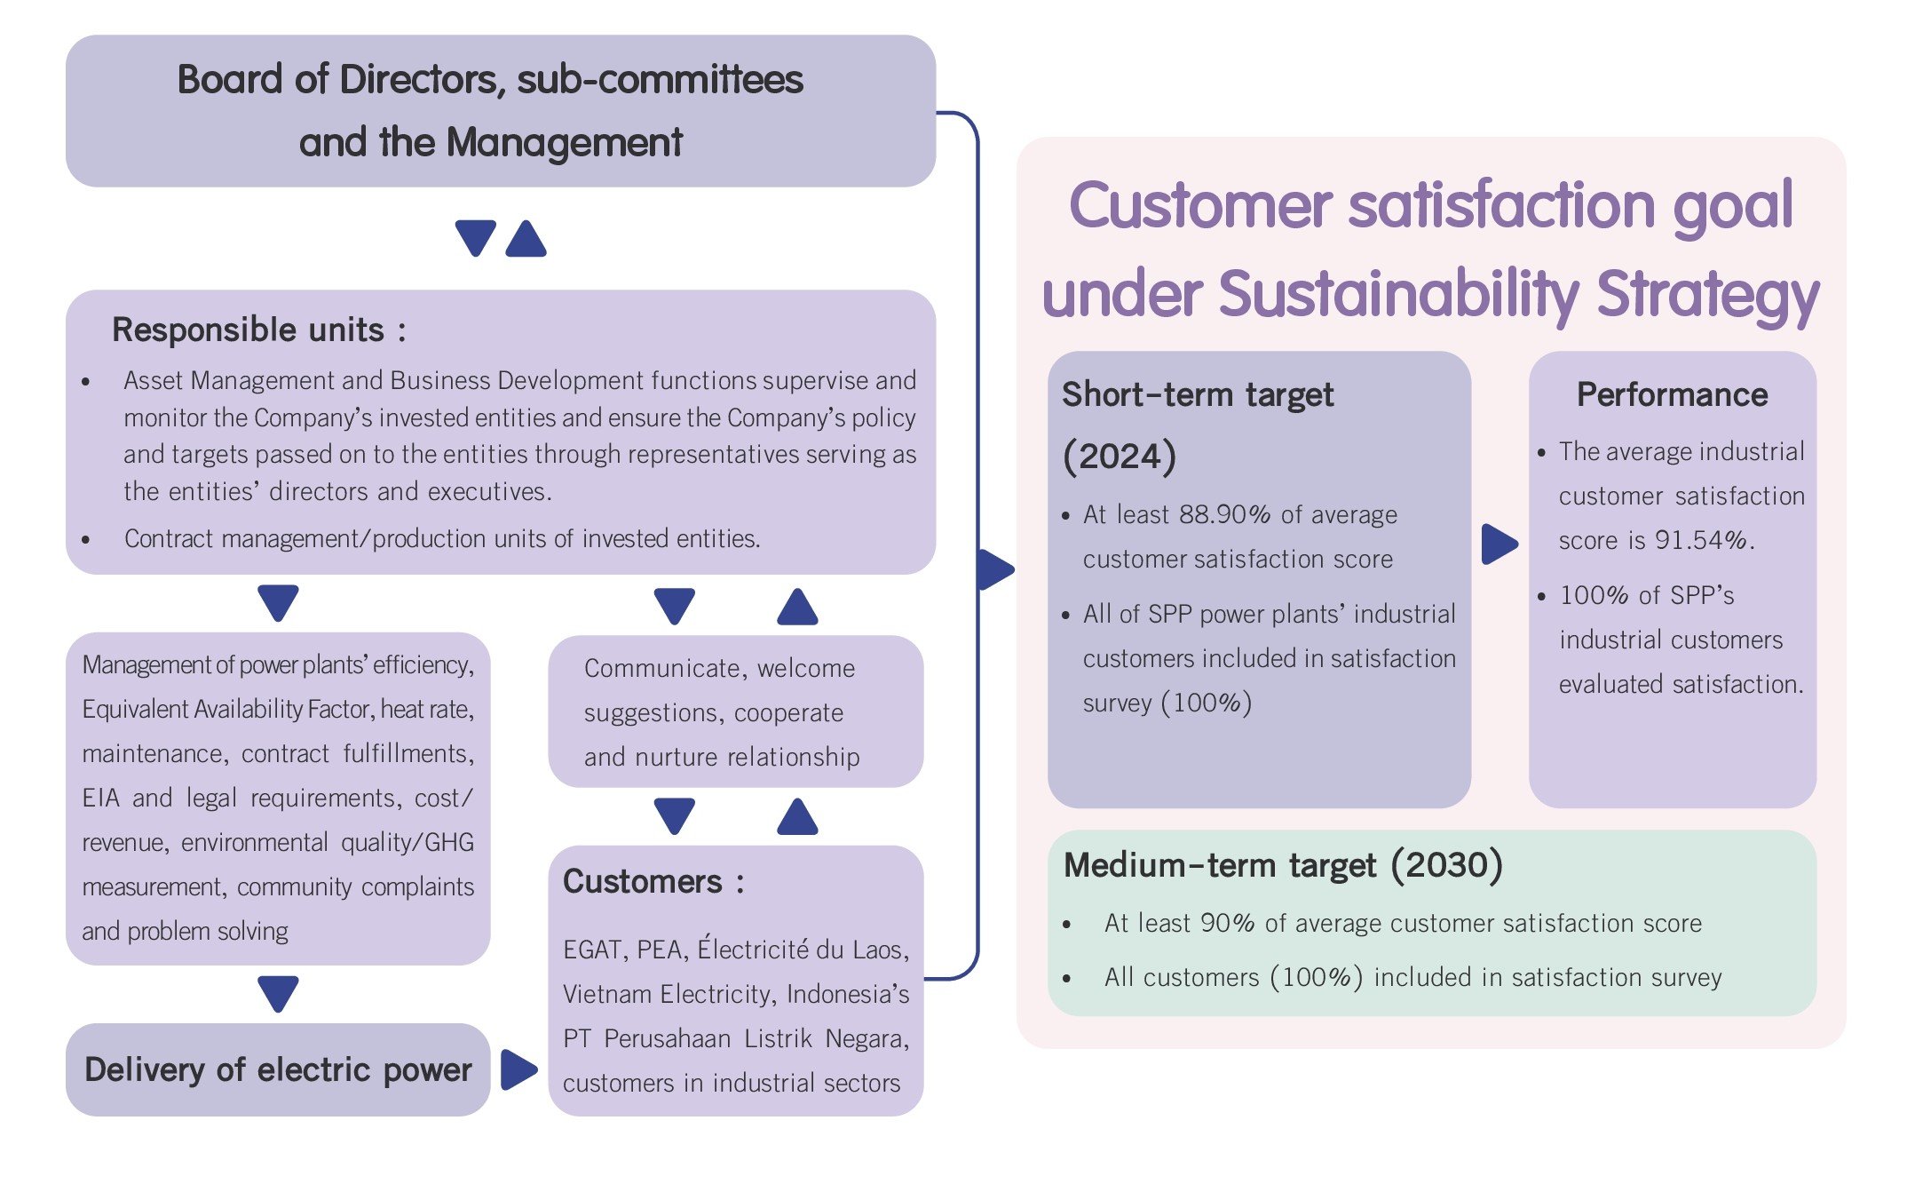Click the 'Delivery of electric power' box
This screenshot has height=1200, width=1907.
tap(278, 1069)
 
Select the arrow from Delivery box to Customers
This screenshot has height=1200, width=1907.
tap(518, 1069)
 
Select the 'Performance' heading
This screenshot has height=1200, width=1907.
tap(1672, 394)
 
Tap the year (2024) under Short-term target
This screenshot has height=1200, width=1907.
tap(1120, 456)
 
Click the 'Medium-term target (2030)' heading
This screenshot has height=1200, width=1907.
tap(1283, 864)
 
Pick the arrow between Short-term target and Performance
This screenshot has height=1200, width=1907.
tap(1499, 544)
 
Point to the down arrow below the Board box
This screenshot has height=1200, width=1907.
tap(475, 238)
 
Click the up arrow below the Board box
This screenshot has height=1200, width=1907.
tap(526, 238)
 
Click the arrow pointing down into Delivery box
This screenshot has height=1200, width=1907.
tap(278, 993)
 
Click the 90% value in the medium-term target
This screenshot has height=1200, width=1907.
tap(1227, 923)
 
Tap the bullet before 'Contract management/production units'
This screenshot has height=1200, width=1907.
tap(86, 539)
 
